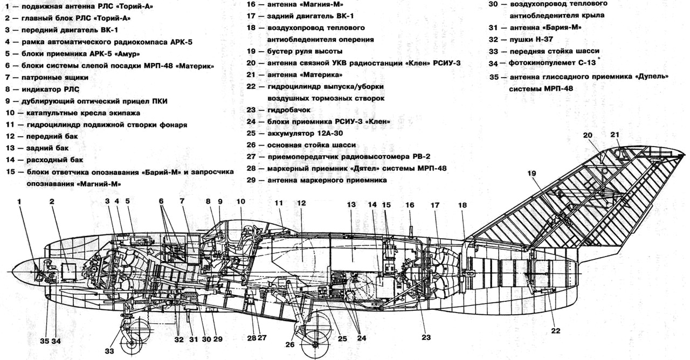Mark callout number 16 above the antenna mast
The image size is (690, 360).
pos(410,205)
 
